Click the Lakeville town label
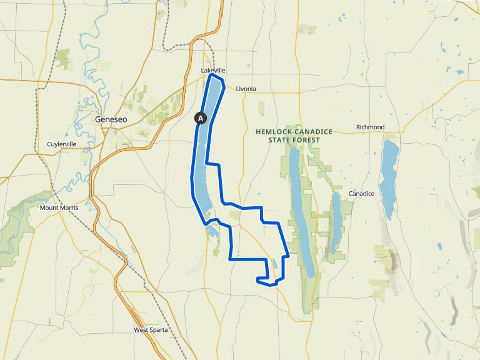[213, 71]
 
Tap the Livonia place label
[246, 89]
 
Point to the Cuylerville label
[62, 144]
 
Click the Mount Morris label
[57, 207]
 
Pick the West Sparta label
[151, 329]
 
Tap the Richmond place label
[370, 127]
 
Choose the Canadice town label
[361, 194]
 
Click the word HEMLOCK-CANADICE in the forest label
[294, 132]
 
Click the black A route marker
[201, 117]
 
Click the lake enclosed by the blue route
[206, 150]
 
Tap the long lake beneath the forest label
[299, 206]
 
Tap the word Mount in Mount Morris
[48, 207]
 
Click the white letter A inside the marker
[201, 117]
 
